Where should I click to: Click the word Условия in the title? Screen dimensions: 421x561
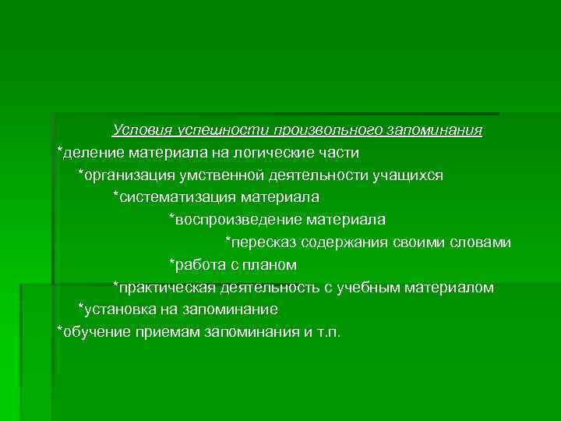point(141,129)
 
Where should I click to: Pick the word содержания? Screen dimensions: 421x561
point(339,243)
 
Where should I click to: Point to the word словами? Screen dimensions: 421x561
point(484,243)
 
